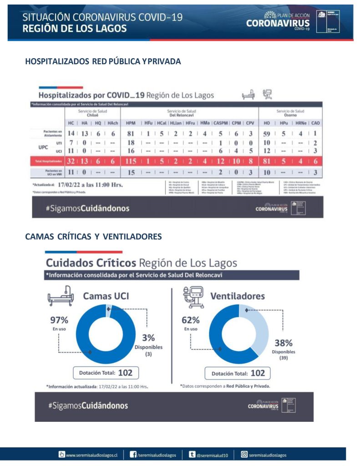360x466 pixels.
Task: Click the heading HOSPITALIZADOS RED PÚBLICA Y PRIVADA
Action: click(103, 61)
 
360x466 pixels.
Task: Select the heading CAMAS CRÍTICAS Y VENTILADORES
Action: click(93, 237)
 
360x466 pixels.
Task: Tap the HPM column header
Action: click(131, 123)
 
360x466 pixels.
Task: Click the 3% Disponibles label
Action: click(148, 338)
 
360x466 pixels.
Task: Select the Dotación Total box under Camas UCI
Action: click(106, 373)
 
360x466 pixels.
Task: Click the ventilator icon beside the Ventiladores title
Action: click(192, 296)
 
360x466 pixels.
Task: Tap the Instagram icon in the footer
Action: click(244, 454)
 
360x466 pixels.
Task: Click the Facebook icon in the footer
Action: click(133, 454)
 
